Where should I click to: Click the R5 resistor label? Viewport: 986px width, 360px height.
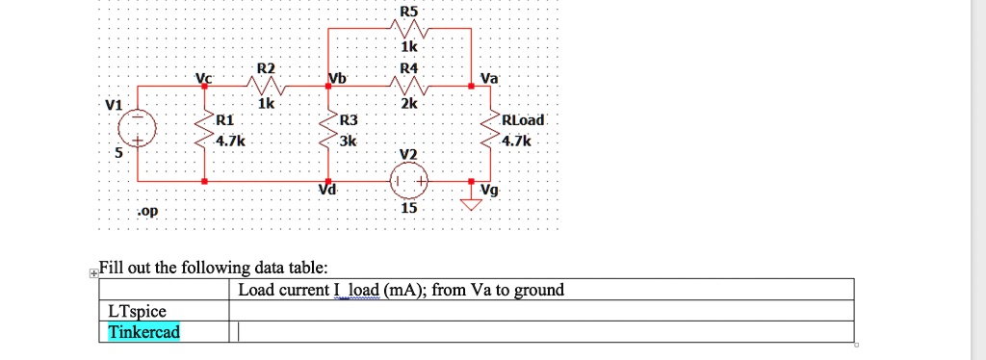click(x=409, y=12)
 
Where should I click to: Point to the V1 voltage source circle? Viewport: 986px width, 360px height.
click(x=137, y=128)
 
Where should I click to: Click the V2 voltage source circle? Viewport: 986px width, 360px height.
click(x=409, y=180)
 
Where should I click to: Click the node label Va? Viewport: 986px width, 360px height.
click(x=488, y=78)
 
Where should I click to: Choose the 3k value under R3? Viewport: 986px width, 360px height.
click(x=349, y=141)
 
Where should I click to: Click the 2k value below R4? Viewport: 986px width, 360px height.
click(x=409, y=104)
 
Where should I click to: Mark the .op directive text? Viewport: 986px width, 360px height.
click(x=146, y=210)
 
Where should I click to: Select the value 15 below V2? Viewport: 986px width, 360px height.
click(x=409, y=208)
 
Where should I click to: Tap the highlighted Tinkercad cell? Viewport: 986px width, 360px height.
click(x=143, y=332)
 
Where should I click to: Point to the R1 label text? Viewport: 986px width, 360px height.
click(x=224, y=120)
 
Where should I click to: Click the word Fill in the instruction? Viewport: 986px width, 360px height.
click(x=113, y=269)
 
